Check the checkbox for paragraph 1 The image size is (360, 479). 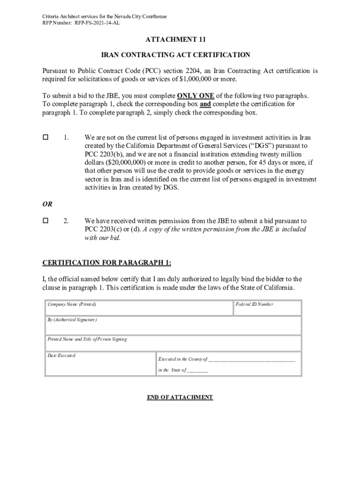(x=46, y=138)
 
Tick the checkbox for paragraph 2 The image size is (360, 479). (x=46, y=220)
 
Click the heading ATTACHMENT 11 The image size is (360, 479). (x=180, y=40)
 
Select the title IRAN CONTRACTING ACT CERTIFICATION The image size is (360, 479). (x=180, y=55)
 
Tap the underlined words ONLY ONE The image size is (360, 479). (x=195, y=96)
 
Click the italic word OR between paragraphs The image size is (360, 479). (x=48, y=204)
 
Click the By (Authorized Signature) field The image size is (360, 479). (x=173, y=326)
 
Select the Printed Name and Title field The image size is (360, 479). (x=173, y=343)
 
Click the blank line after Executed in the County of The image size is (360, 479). (x=252, y=360)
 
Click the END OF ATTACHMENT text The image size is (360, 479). (x=180, y=397)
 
